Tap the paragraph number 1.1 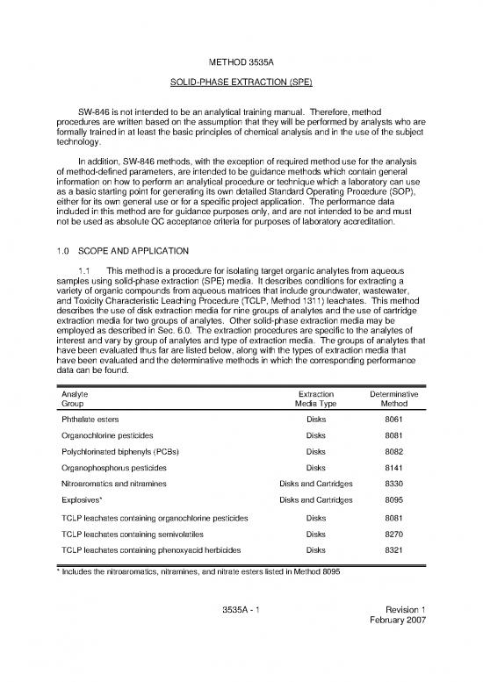[x=85, y=269]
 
